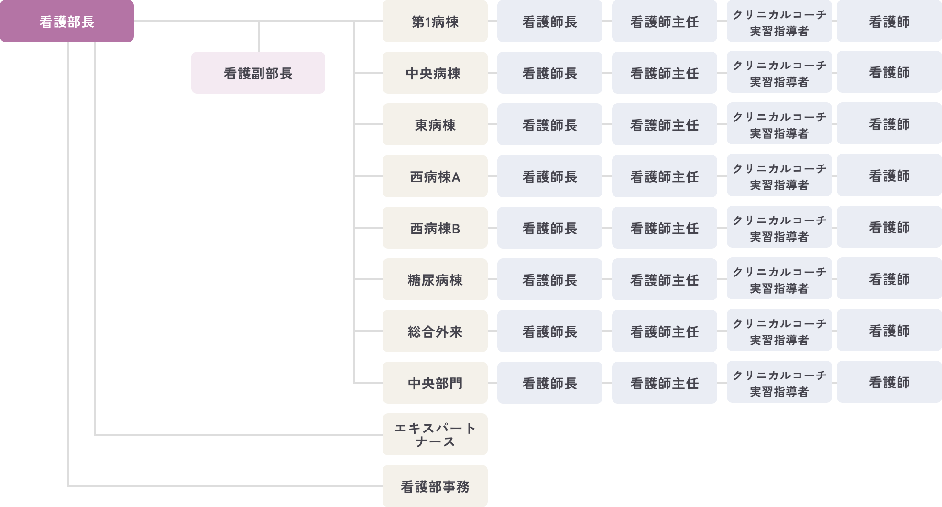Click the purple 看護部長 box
66,22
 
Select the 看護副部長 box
258,73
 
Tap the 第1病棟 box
435,22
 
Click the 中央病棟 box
435,73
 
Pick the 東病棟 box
435,124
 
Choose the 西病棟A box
435,176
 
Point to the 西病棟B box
435,228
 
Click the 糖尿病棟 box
435,279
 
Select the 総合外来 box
435,331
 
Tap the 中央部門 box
435,383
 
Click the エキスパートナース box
435,434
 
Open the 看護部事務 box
435,486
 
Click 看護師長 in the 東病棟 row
549,124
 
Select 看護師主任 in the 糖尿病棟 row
664,279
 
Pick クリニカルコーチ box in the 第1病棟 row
779,22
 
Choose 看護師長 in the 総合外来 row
549,331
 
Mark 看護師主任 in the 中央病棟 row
664,73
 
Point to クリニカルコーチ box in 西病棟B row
779,228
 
